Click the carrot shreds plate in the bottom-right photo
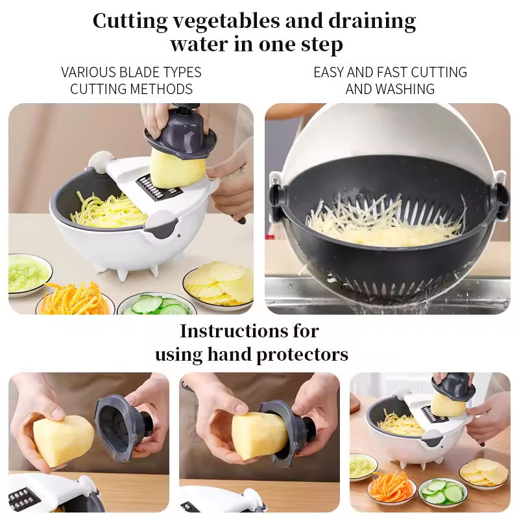390,487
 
